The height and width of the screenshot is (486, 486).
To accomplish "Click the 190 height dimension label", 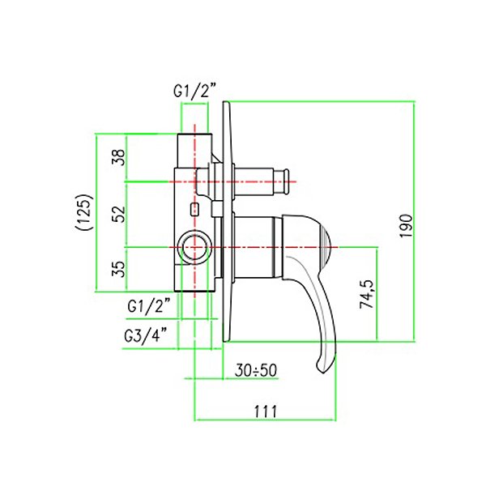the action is click(407, 226).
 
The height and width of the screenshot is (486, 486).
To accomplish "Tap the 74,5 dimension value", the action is click(367, 294).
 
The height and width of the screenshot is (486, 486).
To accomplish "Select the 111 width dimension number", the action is click(266, 411).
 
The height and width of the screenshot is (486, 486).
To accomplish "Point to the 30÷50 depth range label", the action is click(256, 370).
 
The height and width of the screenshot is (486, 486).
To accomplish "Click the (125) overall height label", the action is click(83, 212).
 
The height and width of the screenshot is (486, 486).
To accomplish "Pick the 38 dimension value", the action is click(119, 157).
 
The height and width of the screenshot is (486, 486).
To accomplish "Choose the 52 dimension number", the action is click(119, 214).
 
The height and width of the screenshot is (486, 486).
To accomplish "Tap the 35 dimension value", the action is click(119, 268).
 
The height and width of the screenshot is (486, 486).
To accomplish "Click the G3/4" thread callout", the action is click(145, 335).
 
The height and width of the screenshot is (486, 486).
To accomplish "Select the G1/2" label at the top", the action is click(194, 91).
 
